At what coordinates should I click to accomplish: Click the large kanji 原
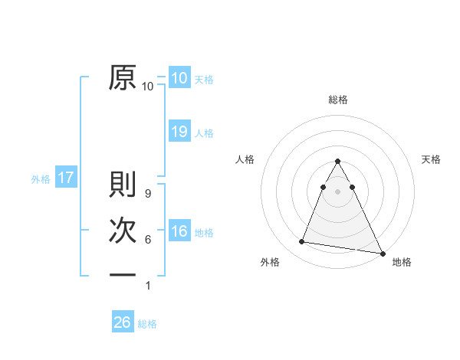[x=123, y=77]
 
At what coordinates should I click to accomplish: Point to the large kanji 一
[x=123, y=274]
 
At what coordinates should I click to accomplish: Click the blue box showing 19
[x=179, y=132]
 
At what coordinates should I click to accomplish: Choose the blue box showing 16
[x=179, y=232]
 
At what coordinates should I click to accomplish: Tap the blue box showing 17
[x=66, y=178]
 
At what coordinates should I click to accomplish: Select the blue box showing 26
[x=123, y=322]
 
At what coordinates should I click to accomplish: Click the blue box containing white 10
[x=179, y=77]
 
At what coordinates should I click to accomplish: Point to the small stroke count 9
[x=148, y=195]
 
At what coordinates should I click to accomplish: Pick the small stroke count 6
[x=148, y=240]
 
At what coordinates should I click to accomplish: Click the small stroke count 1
[x=148, y=286]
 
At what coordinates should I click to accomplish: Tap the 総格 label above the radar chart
[x=338, y=100]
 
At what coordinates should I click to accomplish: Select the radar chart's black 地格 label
[x=402, y=262]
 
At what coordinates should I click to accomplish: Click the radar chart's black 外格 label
[x=270, y=262]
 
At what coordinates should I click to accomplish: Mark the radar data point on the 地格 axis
[x=383, y=253]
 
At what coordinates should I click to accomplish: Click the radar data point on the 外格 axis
[x=302, y=242]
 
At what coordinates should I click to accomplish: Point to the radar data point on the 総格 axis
[x=338, y=162]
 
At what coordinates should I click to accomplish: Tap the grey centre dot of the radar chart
[x=338, y=191]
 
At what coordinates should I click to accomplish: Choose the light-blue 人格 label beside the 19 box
[x=204, y=133]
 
